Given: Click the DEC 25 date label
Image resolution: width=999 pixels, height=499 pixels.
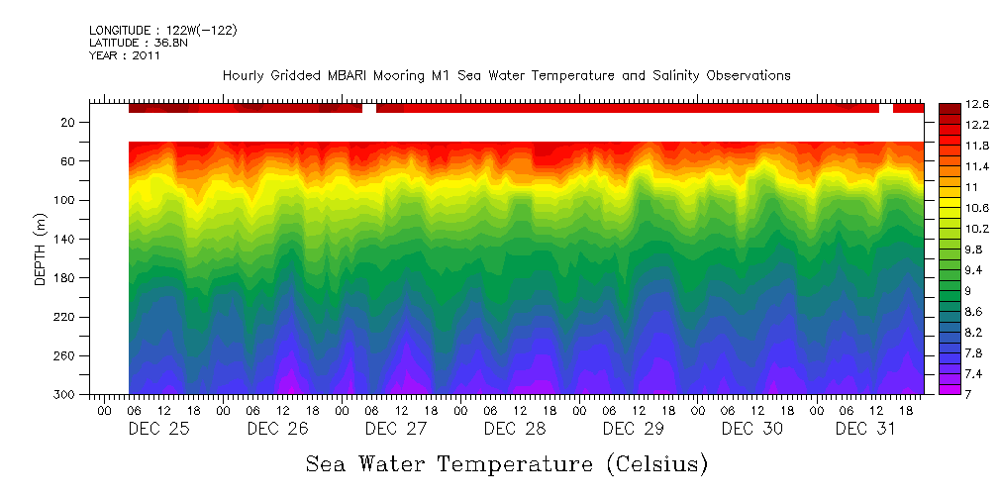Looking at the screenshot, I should [158, 429].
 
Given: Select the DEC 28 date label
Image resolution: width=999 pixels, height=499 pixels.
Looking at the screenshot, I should [515, 429].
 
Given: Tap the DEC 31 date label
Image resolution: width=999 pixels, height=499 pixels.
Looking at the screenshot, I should [865, 429].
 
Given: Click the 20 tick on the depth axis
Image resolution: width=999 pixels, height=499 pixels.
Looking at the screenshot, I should [69, 122].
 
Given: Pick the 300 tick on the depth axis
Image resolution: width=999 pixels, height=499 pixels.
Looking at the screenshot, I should [65, 394].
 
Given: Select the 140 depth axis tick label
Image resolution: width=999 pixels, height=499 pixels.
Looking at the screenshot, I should [65, 239].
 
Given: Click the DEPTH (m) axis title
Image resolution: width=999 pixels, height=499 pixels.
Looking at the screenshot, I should [41, 249].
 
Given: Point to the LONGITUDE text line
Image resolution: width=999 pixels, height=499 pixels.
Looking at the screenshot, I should [163, 31].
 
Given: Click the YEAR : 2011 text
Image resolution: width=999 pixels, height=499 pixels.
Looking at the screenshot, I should [125, 56].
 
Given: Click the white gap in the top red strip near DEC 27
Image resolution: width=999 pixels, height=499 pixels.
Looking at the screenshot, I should [369, 107].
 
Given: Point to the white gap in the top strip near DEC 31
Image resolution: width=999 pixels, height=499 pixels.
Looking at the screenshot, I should [886, 107].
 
